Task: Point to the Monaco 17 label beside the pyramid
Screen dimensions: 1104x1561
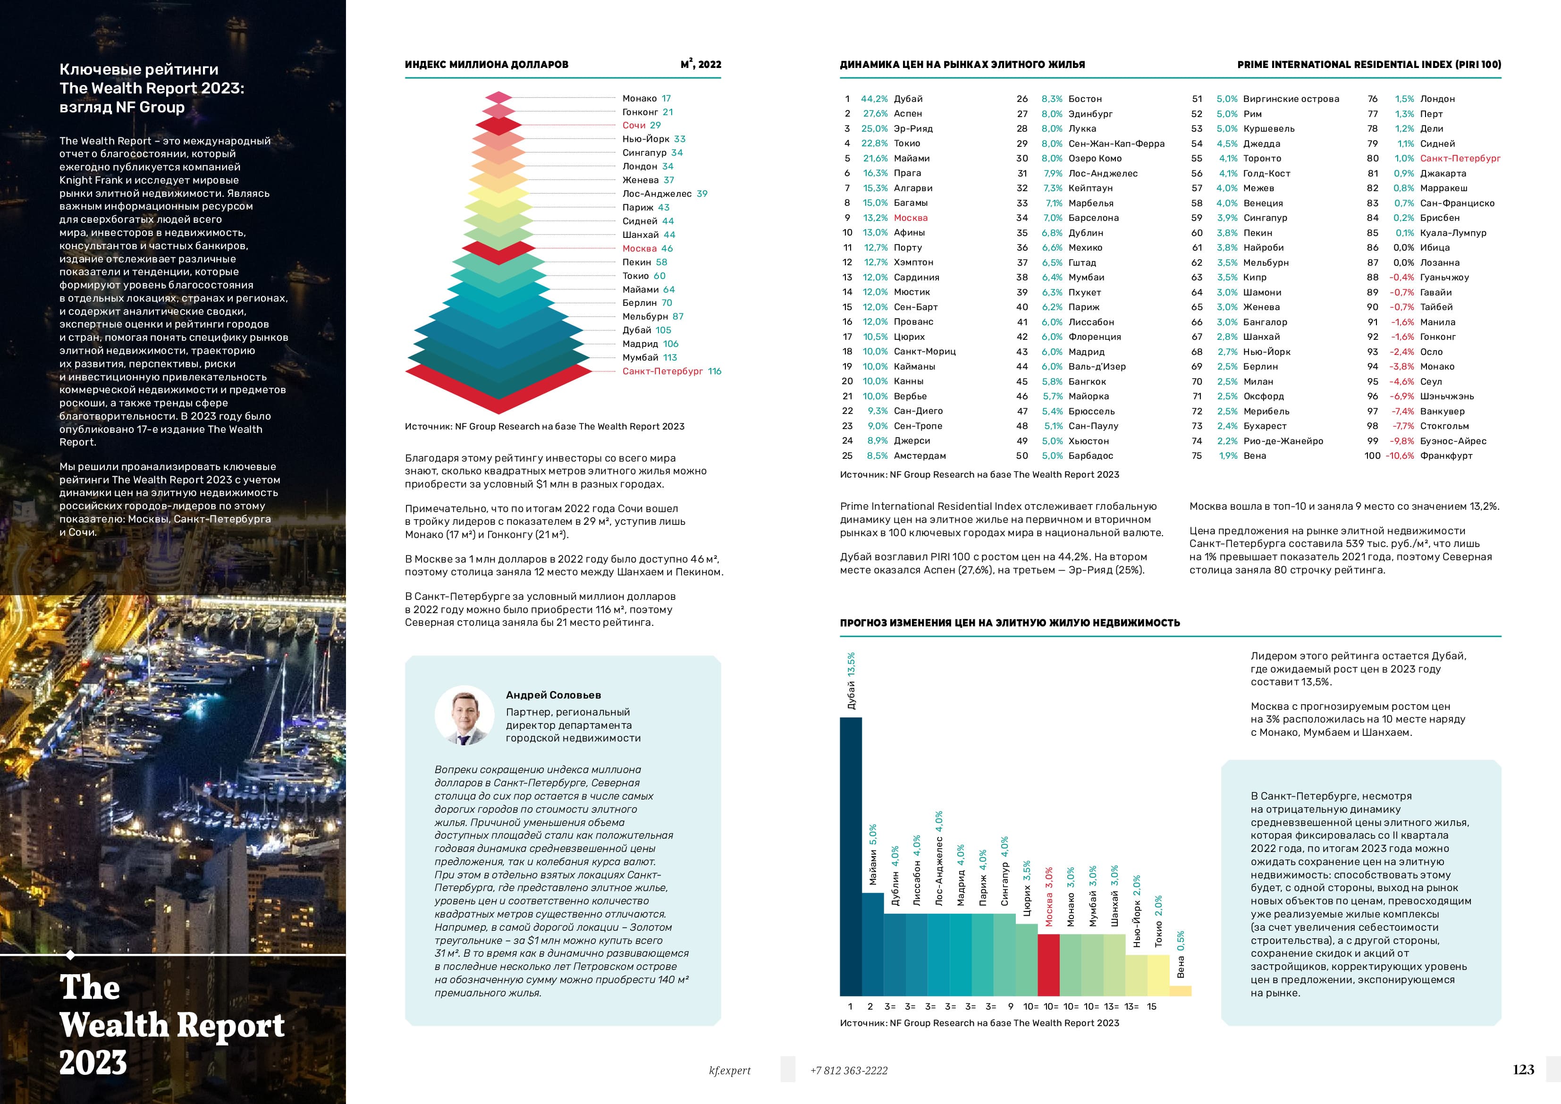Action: coord(646,99)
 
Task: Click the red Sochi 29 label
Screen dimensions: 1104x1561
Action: coord(641,125)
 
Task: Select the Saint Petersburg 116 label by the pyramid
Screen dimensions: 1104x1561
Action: coord(671,371)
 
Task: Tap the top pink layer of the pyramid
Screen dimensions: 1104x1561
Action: coord(499,98)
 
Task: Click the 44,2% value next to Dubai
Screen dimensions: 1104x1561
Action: coord(874,99)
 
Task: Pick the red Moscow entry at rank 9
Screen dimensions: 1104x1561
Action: coord(911,218)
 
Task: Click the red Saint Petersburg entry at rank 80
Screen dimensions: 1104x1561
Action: coord(1460,159)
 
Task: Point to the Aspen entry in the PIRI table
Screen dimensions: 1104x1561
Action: coord(908,114)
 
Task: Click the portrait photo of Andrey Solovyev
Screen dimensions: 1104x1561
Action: coord(464,715)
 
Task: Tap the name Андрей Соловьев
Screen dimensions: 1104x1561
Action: coord(553,695)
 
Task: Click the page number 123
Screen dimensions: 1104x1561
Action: coord(1523,1070)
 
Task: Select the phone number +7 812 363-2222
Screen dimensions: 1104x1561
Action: coord(849,1070)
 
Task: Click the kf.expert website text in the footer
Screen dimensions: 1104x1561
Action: coord(729,1070)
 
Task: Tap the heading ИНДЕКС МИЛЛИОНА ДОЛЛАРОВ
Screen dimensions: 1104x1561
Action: coord(486,65)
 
